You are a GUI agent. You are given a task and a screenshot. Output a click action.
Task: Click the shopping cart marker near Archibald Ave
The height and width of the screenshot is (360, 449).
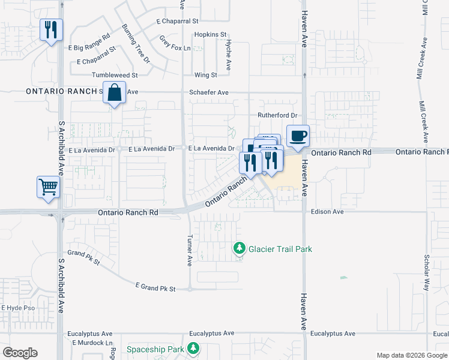click(x=49, y=186)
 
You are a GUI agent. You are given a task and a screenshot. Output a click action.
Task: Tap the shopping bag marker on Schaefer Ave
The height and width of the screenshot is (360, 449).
click(x=115, y=93)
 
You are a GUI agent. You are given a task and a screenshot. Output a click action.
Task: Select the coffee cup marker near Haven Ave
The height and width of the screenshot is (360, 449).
click(x=298, y=136)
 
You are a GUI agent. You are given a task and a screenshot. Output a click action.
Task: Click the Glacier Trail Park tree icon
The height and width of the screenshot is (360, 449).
click(x=240, y=248)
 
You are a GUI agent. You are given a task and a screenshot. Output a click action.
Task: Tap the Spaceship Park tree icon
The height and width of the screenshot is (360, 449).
click(x=193, y=348)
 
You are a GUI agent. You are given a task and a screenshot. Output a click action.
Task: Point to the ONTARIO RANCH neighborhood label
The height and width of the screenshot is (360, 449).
click(x=62, y=91)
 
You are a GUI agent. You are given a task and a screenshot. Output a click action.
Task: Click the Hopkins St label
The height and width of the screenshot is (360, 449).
click(x=210, y=35)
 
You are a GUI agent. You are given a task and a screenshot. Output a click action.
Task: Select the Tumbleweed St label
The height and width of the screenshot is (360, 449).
click(x=115, y=75)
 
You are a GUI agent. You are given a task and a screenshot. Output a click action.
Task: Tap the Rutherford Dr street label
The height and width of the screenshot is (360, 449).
click(x=278, y=115)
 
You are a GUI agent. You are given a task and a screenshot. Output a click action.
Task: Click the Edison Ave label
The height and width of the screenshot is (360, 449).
click(x=327, y=212)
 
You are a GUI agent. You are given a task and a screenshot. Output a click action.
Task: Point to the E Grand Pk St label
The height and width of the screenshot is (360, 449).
click(x=155, y=288)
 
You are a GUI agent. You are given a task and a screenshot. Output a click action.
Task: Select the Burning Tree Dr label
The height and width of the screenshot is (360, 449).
click(x=136, y=44)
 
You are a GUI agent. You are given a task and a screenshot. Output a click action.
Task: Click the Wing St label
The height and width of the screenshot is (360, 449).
click(x=205, y=75)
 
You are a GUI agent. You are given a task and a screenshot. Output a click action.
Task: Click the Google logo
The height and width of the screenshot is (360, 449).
click(x=20, y=353)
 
